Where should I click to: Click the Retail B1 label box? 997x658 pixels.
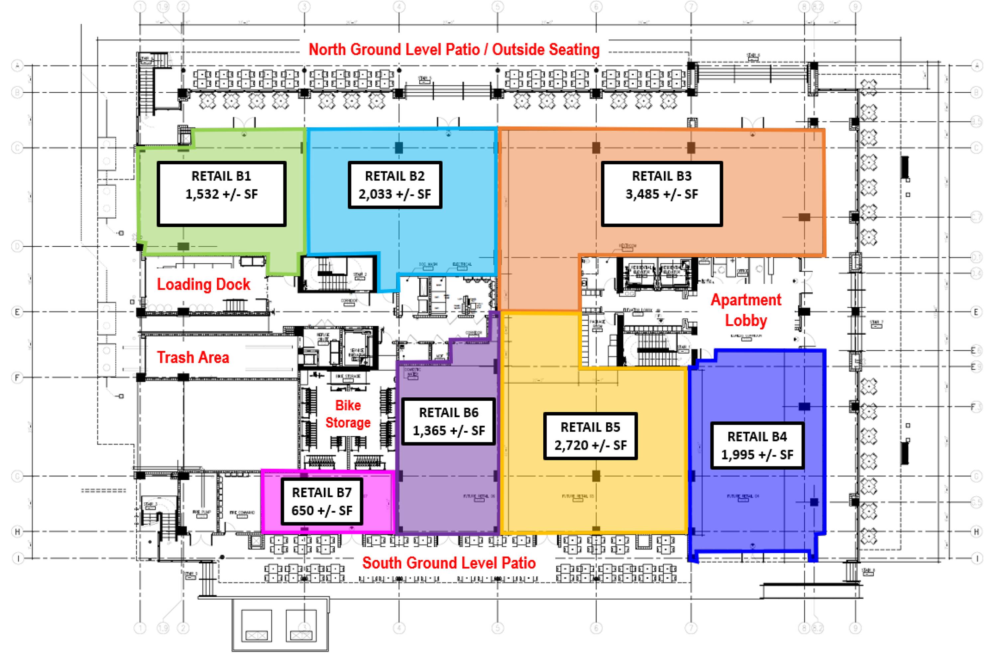click(x=221, y=194)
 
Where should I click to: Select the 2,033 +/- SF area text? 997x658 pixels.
click(x=394, y=194)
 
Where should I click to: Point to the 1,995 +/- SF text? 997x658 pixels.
click(x=757, y=455)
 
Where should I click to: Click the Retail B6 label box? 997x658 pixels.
click(x=449, y=421)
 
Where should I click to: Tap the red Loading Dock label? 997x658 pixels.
click(x=203, y=284)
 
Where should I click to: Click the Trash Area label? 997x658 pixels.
click(x=193, y=358)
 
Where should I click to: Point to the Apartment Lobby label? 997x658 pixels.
click(x=746, y=310)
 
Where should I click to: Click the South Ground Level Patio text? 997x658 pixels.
click(x=449, y=563)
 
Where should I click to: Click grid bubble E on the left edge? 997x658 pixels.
click(x=17, y=312)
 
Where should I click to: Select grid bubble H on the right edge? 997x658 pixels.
click(x=976, y=532)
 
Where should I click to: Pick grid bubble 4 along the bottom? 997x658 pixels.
click(x=399, y=628)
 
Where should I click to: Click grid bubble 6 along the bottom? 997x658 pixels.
click(x=596, y=628)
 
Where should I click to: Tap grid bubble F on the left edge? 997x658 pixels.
click(x=17, y=377)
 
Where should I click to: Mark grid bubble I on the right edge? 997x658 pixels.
click(x=976, y=558)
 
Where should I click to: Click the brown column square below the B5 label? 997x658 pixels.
click(x=596, y=476)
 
